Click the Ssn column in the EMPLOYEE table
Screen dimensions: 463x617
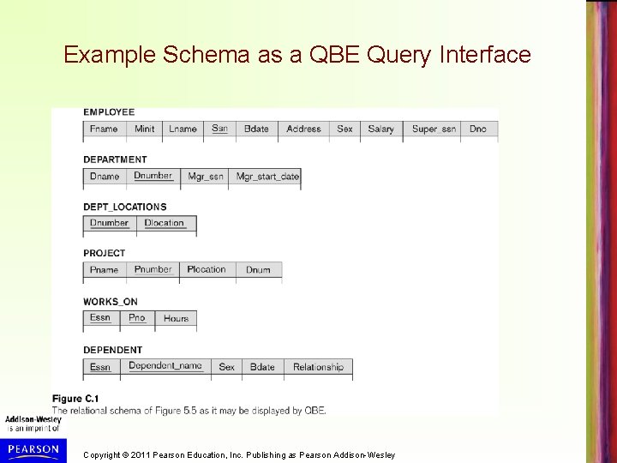(x=219, y=129)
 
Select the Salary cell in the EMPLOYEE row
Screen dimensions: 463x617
(x=380, y=129)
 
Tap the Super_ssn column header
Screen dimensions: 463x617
(x=434, y=129)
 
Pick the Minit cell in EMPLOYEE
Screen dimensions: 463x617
(x=145, y=129)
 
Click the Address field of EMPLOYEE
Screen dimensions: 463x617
(x=303, y=129)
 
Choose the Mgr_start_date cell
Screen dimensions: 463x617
(x=267, y=177)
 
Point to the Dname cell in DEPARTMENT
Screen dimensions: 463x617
(x=105, y=177)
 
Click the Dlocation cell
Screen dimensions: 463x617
(x=164, y=223)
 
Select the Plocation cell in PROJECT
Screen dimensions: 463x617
(x=207, y=270)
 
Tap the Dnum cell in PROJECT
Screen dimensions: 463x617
(x=258, y=270)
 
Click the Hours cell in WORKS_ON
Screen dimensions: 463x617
(x=176, y=318)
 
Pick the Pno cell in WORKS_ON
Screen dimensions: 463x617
(x=137, y=318)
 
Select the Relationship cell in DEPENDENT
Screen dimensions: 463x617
(x=318, y=367)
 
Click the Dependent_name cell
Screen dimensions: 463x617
(x=165, y=366)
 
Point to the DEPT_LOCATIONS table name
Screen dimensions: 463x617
(x=124, y=207)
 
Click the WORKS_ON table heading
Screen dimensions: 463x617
(x=110, y=302)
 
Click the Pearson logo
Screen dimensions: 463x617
(x=32, y=448)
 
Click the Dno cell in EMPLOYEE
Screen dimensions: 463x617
(x=478, y=129)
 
